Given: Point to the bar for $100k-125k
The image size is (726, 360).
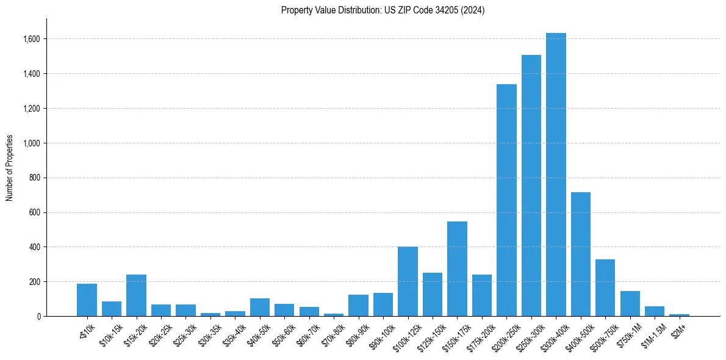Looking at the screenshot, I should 408,281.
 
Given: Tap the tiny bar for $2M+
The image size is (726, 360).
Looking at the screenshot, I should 679,315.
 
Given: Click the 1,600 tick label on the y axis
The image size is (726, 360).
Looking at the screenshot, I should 32,39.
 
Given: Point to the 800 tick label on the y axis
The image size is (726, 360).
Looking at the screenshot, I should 35,178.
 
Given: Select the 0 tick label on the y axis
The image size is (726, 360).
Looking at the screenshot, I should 39,316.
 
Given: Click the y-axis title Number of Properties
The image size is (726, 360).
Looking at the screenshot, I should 10,167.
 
